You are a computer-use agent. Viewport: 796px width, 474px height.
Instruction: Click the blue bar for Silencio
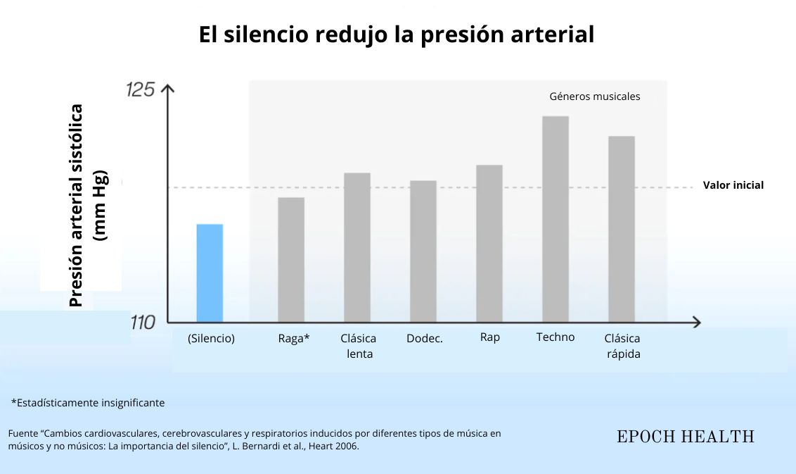[210, 273]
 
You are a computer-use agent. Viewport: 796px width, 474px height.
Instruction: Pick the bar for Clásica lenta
[357, 247]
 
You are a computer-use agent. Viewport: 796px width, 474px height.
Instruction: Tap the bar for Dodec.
[423, 251]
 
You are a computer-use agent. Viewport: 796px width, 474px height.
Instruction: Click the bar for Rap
[489, 243]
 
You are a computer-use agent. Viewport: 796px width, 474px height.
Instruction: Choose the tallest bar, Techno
[556, 218]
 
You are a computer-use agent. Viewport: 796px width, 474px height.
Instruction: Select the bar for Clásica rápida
[622, 228]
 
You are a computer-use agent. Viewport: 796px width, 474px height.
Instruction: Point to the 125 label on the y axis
[139, 90]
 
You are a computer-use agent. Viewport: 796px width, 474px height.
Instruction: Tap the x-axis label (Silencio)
[211, 339]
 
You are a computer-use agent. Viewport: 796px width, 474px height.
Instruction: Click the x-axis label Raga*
[294, 339]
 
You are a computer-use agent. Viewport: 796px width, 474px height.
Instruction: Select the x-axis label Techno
[556, 337]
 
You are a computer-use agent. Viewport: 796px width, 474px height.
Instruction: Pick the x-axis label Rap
[490, 337]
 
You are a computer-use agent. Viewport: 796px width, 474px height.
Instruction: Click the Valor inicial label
[733, 186]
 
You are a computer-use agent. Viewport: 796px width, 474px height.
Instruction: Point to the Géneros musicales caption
[594, 97]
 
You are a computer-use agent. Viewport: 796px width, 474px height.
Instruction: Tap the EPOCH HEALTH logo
[686, 437]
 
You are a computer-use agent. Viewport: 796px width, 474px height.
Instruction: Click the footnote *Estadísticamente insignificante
[88, 403]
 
